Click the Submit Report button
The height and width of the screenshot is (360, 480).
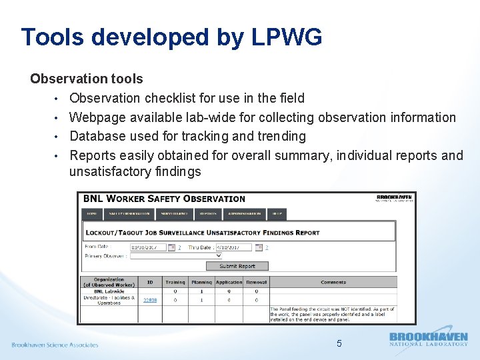click(237, 266)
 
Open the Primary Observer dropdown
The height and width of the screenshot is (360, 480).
click(176, 255)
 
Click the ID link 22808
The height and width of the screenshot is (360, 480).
click(150, 300)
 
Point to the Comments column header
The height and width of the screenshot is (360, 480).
click(333, 283)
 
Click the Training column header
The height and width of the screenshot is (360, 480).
click(175, 283)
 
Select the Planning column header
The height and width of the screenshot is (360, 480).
click(201, 283)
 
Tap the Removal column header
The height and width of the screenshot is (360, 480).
click(256, 283)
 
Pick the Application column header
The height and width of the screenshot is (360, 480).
click(229, 283)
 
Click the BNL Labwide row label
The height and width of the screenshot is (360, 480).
click(109, 291)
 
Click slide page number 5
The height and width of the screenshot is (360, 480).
click(339, 344)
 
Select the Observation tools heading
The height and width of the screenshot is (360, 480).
click(87, 79)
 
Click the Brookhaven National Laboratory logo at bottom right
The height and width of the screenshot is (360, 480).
click(428, 339)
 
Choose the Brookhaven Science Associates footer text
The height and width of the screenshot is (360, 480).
click(55, 345)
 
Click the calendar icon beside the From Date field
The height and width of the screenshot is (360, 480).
click(172, 247)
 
